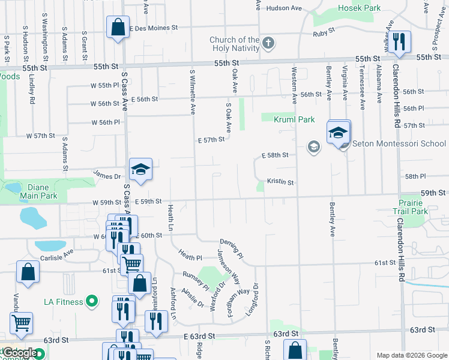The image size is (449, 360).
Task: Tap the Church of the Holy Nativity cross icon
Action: [268, 43]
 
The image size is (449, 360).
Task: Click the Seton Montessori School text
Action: [399, 143]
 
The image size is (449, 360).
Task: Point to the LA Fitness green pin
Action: [91, 301]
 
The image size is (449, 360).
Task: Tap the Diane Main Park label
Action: [38, 190]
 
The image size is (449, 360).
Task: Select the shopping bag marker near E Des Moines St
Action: [118, 27]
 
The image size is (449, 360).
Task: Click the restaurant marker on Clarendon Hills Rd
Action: [398, 42]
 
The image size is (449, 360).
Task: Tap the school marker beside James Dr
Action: [140, 170]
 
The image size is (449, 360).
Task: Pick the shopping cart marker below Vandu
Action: [21, 323]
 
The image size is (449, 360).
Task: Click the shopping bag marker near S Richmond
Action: [294, 350]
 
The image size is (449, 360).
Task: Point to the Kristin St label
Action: [280, 182]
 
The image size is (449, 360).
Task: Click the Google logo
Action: [20, 353]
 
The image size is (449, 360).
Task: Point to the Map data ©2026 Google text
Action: [411, 355]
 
